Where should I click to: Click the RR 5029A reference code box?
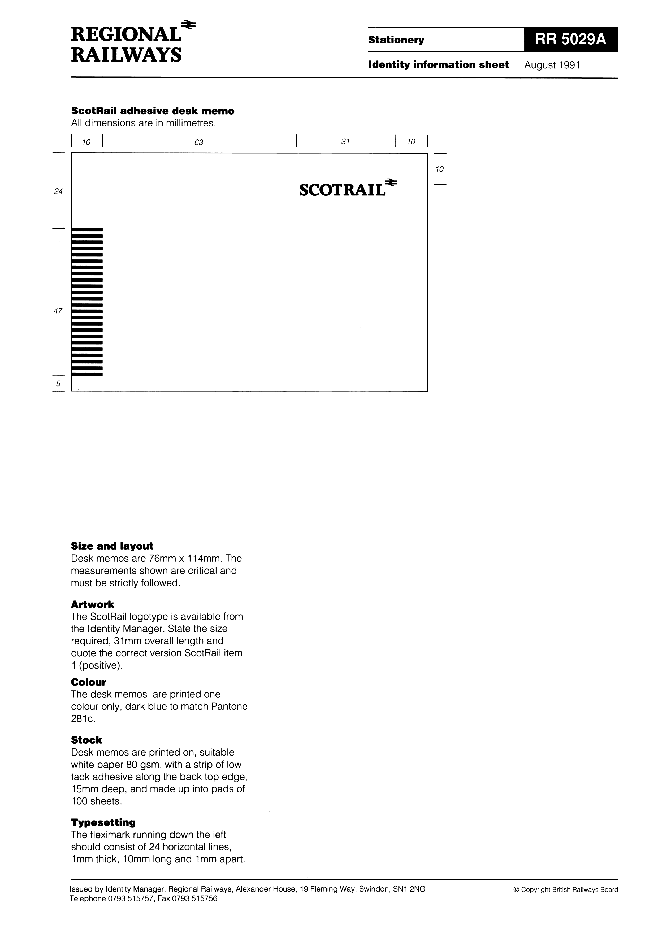click(570, 40)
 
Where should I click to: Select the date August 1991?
click(552, 65)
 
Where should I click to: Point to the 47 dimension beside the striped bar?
click(58, 311)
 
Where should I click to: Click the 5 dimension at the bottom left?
click(58, 383)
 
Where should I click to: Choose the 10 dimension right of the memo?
click(439, 169)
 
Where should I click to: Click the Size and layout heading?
click(112, 546)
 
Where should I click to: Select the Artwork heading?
click(92, 604)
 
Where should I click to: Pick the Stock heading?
click(86, 740)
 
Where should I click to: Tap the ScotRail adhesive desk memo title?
click(153, 111)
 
